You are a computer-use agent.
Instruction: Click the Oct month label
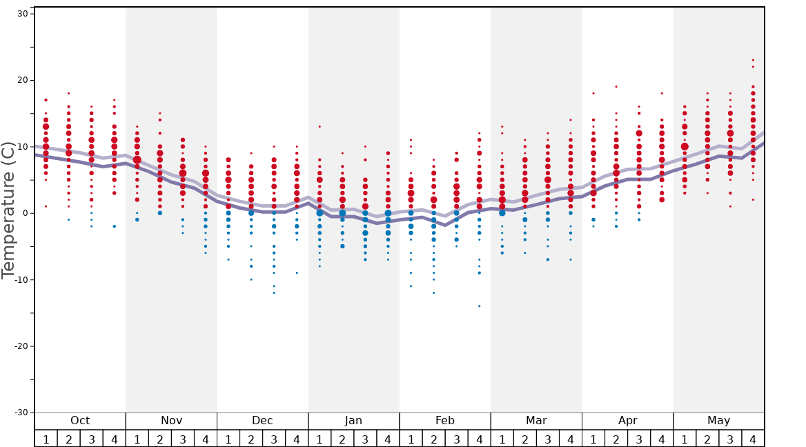[80, 421]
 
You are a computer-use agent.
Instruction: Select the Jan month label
[353, 421]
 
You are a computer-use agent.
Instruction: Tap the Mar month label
[536, 421]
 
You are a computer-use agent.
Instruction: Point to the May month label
[718, 421]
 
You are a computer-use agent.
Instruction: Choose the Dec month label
[262, 421]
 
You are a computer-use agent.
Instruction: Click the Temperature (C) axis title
[8, 213]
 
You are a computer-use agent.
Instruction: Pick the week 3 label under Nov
[183, 439]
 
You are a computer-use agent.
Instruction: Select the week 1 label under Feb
[411, 439]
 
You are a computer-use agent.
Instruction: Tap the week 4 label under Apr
[662, 439]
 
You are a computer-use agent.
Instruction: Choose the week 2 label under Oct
[68, 439]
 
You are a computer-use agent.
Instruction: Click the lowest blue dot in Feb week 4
[480, 306]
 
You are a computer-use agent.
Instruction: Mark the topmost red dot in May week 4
[753, 60]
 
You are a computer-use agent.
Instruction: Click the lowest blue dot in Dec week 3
[274, 292]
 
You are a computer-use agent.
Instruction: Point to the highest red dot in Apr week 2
[616, 87]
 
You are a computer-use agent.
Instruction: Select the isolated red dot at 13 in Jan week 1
[320, 126]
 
